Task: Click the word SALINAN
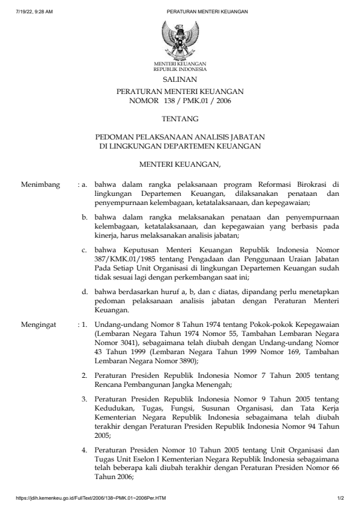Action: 179,79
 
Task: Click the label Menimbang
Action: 40,183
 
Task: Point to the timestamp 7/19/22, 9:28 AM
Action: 35,12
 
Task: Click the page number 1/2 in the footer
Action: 341,499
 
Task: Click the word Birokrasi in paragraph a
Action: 314,183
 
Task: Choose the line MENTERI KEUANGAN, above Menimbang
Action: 179,163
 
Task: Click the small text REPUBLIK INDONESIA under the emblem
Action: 179,70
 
